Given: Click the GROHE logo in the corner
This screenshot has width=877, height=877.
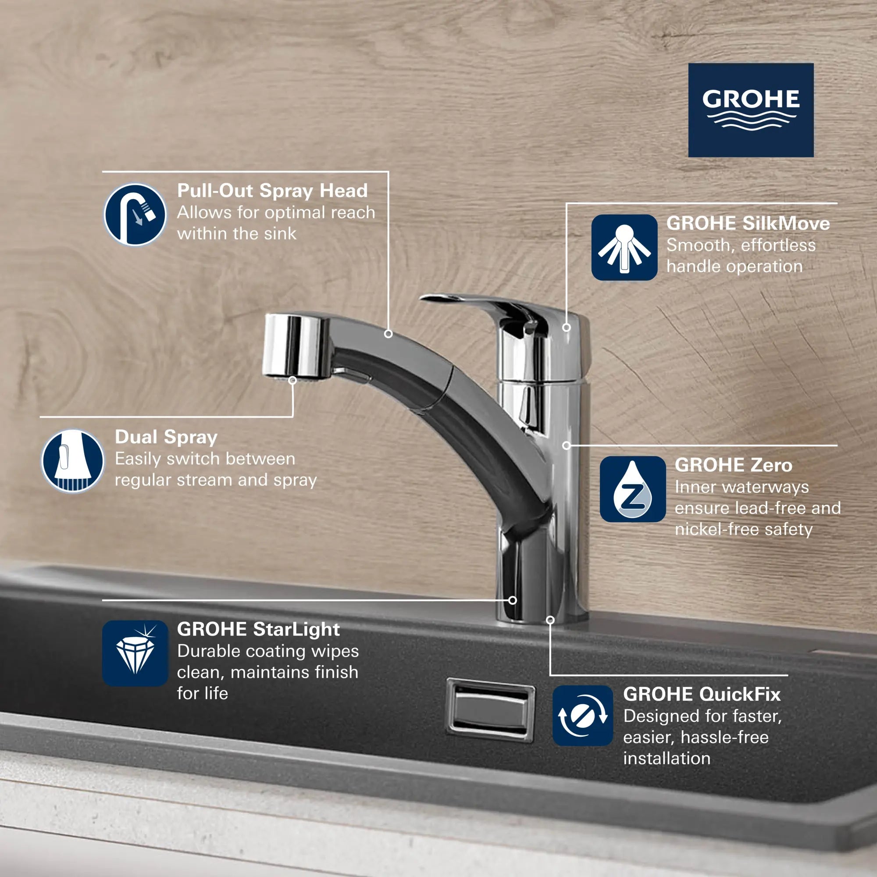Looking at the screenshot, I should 751,110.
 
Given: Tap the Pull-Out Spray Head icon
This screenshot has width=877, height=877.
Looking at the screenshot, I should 135,215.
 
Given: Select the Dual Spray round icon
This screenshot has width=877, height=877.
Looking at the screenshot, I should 73,461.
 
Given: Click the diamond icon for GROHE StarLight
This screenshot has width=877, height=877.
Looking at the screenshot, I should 135,653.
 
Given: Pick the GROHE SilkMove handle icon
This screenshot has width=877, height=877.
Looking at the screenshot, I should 624,247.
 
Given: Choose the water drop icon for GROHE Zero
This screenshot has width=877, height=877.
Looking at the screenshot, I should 632,489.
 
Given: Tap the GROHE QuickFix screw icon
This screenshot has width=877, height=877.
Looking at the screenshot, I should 582,716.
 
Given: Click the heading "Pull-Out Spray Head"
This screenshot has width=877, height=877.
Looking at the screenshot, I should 272,191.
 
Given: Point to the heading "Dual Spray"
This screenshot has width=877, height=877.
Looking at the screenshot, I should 166,437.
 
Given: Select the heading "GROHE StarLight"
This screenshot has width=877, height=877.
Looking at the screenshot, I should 258,629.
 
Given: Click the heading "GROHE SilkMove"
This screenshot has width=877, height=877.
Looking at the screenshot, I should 748,223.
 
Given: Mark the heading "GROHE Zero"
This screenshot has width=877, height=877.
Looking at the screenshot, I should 733,465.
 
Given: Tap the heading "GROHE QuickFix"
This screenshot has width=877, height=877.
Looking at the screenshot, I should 702,694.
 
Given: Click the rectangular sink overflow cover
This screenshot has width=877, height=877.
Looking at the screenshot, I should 490,710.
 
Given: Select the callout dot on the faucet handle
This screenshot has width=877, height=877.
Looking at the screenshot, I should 567,327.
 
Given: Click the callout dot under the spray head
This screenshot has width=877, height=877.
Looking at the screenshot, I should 293,380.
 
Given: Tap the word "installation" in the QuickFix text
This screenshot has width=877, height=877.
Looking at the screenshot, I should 667,759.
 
